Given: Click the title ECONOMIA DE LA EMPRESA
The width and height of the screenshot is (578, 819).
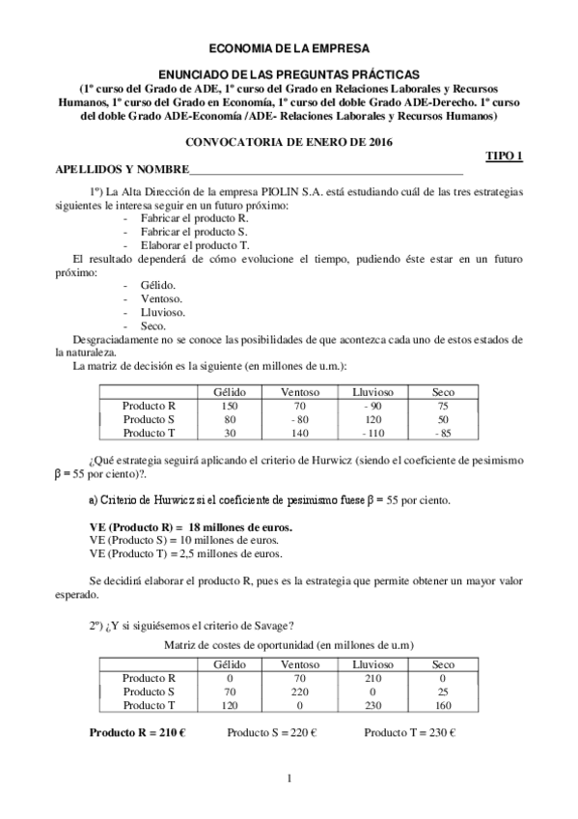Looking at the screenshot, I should [289, 46].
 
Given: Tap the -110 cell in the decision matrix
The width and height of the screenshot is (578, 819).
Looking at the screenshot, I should [373, 433].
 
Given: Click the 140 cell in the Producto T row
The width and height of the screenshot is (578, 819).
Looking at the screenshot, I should [300, 433].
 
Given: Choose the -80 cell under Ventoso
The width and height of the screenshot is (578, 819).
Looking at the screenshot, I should [300, 420].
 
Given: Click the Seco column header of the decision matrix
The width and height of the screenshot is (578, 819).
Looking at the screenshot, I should [443, 393].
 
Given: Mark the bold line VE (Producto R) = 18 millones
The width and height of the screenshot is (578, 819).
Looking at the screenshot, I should [190, 527].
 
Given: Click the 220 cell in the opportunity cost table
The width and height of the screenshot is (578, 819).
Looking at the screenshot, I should [300, 692].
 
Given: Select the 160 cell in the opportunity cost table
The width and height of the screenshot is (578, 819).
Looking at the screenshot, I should [443, 705].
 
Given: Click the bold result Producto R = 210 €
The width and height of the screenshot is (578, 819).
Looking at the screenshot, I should [137, 732].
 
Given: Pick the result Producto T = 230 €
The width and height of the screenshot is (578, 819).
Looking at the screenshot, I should [409, 732].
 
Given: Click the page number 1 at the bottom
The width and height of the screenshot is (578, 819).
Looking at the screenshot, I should [289, 779].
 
